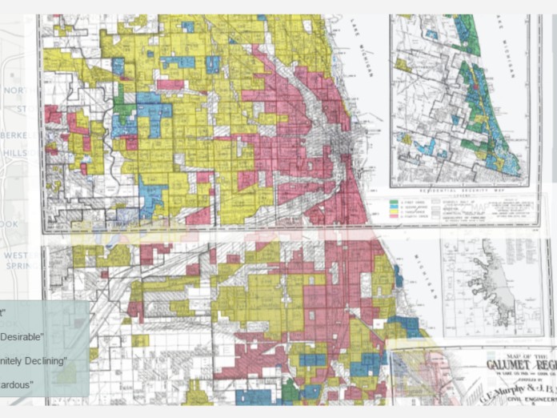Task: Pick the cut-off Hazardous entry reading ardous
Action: click(x=16, y=386)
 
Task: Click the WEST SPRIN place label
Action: click(x=16, y=261)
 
